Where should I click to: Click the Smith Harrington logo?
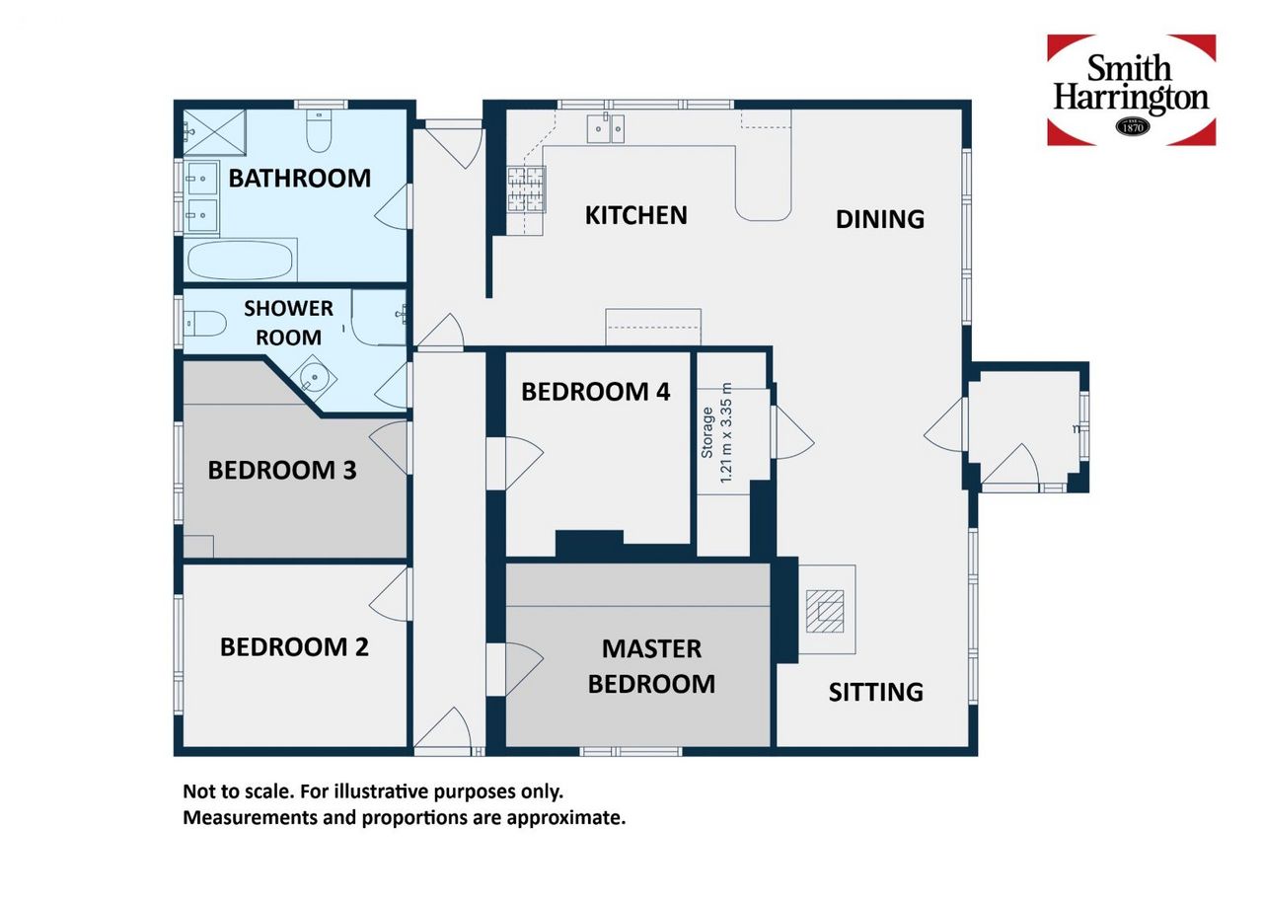click(x=1131, y=90)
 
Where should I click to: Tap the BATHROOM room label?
click(x=299, y=179)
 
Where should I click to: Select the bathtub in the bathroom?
click(x=241, y=261)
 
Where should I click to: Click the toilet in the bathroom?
click(x=319, y=131)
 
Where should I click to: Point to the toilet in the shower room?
click(x=205, y=323)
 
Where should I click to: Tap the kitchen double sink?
click(x=606, y=128)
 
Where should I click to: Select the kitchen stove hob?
click(x=526, y=189)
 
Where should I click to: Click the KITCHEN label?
click(x=636, y=216)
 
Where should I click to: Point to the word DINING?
click(x=879, y=219)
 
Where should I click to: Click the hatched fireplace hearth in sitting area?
click(x=825, y=612)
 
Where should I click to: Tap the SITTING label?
click(x=875, y=692)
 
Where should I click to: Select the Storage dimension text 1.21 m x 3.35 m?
click(x=726, y=432)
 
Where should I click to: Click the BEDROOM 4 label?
click(x=595, y=392)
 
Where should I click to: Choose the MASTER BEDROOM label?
click(x=652, y=666)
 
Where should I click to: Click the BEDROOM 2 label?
click(x=294, y=647)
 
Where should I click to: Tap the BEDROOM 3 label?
click(x=282, y=470)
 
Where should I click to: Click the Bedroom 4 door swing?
click(x=524, y=464)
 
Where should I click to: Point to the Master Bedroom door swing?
click(x=524, y=670)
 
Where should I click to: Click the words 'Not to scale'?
click(x=238, y=791)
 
